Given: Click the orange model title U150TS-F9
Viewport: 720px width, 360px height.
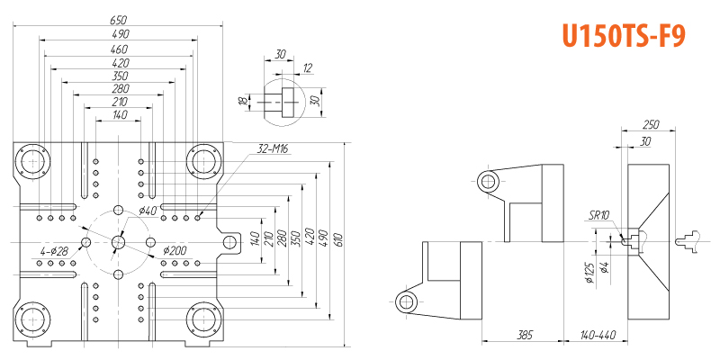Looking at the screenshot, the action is click(624, 35).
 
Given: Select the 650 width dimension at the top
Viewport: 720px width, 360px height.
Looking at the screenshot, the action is click(118, 20).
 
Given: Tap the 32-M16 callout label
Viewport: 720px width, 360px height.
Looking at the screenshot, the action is click(273, 148).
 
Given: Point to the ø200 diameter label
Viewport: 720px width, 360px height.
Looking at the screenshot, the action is click(175, 251).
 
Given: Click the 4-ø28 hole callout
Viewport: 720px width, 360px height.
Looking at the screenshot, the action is click(54, 251).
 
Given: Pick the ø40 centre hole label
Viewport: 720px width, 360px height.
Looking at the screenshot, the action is click(148, 211).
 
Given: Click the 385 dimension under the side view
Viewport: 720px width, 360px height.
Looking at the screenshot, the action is click(524, 335).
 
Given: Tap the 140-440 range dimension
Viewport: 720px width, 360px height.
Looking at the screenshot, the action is click(598, 335).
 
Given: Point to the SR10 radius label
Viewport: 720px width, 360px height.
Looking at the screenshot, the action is click(600, 215).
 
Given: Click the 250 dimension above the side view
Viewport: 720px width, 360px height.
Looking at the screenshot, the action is click(650, 124).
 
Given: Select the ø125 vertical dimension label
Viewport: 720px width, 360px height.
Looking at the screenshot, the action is click(590, 274).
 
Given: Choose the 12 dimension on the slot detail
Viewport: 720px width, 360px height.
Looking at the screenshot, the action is click(307, 68).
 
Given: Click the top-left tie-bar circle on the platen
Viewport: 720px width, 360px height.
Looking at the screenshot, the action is click(32, 162).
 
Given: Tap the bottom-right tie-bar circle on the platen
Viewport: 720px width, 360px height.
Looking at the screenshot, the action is click(204, 319).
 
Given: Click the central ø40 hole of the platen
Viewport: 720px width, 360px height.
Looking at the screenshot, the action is click(119, 242).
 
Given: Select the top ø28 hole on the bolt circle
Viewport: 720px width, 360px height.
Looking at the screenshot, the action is click(119, 210).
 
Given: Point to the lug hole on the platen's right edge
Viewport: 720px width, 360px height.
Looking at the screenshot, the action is click(229, 242).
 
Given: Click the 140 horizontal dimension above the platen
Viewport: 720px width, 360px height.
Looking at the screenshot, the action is click(120, 115).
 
